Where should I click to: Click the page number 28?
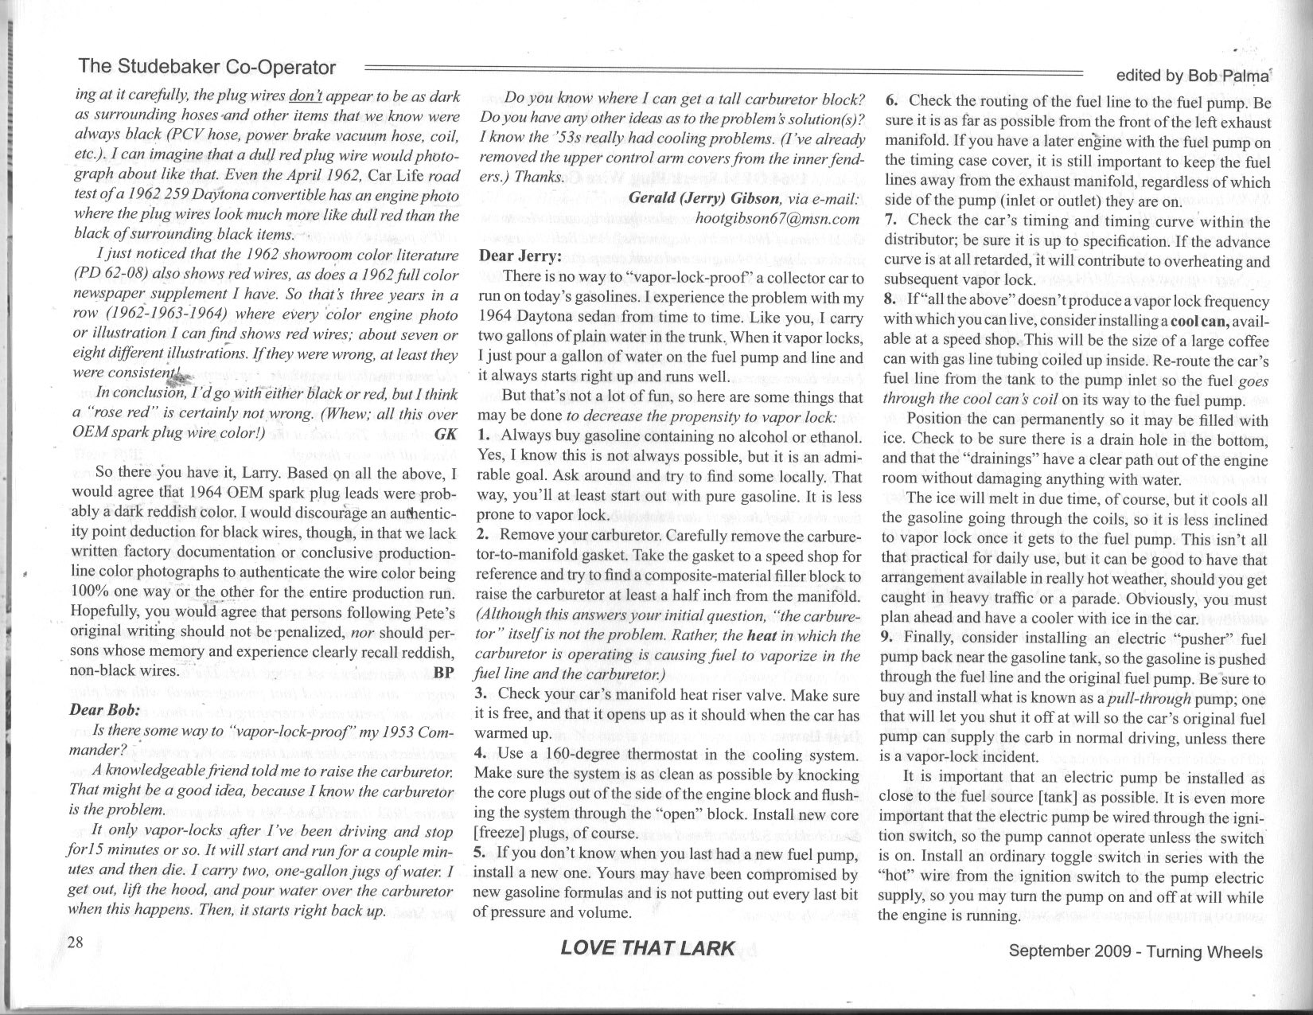coord(76,943)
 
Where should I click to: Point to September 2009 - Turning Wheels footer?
coord(1135,952)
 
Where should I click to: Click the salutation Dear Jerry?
coord(520,256)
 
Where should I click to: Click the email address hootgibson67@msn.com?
coord(777,218)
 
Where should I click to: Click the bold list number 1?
coord(483,436)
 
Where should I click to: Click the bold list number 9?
coord(887,638)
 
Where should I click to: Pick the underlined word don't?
coord(306,96)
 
